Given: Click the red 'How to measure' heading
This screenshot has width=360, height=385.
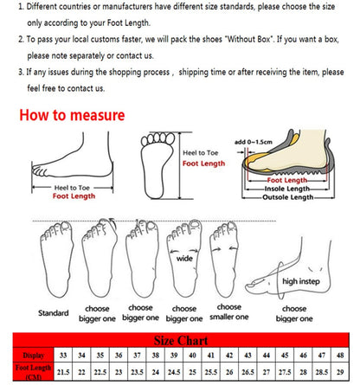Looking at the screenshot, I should point(72,115).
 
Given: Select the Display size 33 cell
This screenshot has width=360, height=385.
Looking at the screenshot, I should point(63,355).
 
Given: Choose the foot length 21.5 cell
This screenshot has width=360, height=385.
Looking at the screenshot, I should point(63,371).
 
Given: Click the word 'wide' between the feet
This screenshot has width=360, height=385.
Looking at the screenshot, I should point(184,257).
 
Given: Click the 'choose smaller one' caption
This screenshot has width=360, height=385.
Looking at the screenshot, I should point(229,312).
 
